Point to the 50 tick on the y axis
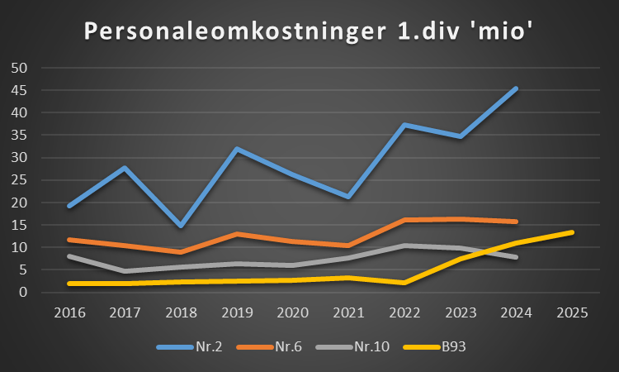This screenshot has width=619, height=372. tap(19, 68)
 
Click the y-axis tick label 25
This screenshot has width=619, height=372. tap(19, 180)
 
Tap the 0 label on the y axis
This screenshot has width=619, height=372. tap(23, 293)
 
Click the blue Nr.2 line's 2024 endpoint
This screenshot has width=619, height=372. tap(516, 88)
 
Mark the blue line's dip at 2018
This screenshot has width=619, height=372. tap(181, 226)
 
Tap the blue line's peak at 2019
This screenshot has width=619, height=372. tap(237, 149)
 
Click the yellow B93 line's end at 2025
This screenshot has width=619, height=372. tap(572, 232)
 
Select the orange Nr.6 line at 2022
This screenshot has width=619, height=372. tap(404, 220)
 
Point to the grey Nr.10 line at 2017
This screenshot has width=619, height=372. tap(125, 271)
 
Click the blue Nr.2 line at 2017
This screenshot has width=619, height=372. tap(125, 168)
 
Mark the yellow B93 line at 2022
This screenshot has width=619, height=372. tap(404, 283)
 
